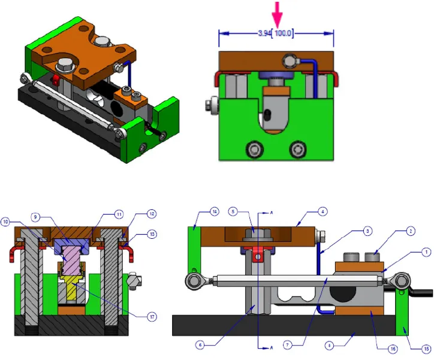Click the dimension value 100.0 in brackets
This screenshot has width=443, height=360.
pos(283,34)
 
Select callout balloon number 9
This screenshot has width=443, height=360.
pos(35,218)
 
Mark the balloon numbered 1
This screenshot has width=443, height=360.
pos(425,252)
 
